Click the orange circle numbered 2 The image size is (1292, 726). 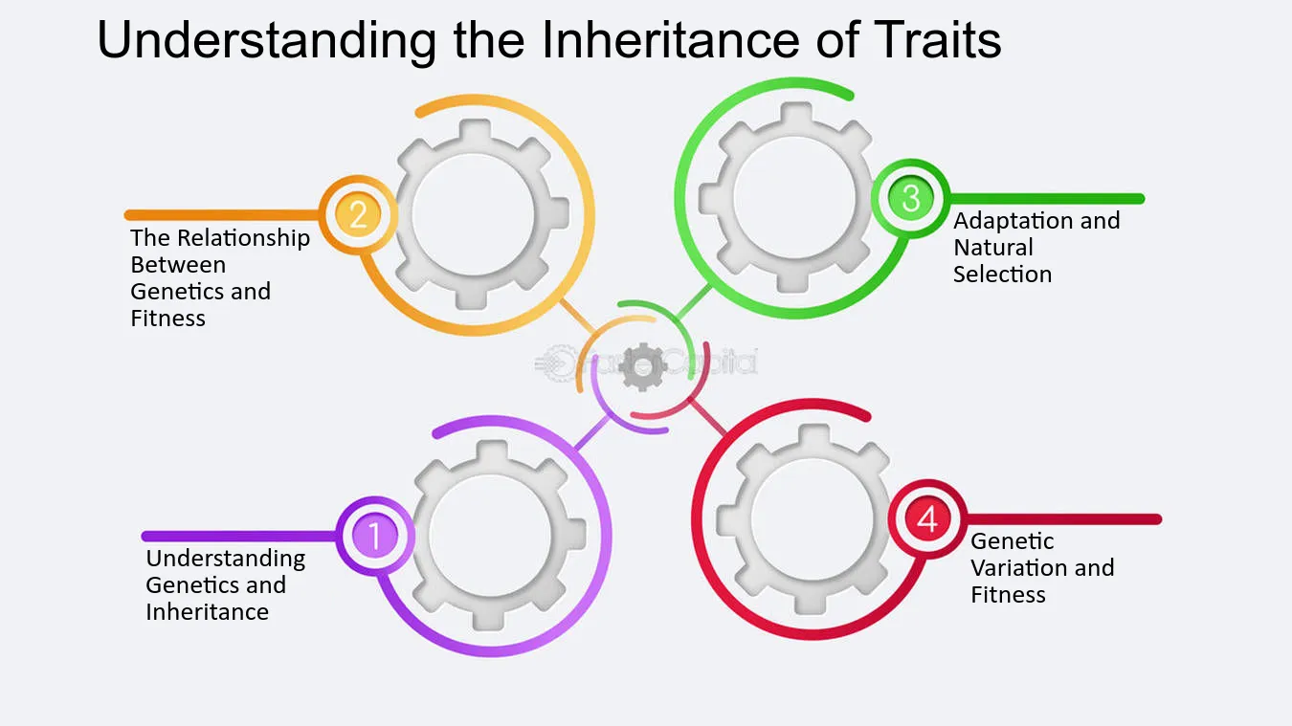(x=358, y=214)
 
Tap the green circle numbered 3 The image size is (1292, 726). (x=910, y=198)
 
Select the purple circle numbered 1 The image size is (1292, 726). (x=374, y=536)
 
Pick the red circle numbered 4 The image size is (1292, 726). (x=926, y=519)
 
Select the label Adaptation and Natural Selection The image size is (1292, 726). (x=1036, y=247)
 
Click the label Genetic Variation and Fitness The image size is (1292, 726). (x=1041, y=567)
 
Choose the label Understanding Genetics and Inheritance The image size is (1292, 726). (x=225, y=584)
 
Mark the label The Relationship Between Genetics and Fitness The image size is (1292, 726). (x=219, y=277)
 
